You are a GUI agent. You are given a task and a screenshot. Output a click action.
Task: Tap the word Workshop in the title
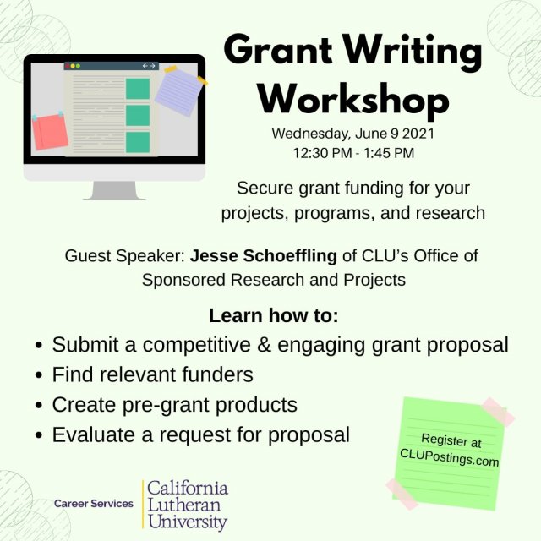(352, 99)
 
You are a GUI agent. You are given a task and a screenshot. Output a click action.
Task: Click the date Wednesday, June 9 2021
(353, 134)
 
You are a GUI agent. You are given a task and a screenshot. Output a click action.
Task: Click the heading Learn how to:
(273, 316)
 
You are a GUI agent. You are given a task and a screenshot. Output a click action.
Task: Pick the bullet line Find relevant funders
(152, 374)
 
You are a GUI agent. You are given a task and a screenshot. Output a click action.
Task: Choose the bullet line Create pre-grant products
(174, 405)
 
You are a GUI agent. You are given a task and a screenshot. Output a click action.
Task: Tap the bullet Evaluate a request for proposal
(200, 435)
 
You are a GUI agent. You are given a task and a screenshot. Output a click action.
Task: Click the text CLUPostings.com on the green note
(449, 462)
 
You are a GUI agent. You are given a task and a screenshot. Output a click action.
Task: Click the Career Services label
(93, 504)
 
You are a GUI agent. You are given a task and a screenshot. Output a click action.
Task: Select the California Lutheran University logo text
(187, 505)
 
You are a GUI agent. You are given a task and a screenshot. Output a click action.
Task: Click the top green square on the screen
(137, 88)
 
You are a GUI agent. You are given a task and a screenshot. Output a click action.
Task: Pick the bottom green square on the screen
(137, 141)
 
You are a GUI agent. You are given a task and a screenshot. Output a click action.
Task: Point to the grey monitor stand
(114, 191)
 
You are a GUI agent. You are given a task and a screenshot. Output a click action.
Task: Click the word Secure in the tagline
(264, 187)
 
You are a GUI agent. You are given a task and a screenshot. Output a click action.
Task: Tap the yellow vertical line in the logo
(142, 505)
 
